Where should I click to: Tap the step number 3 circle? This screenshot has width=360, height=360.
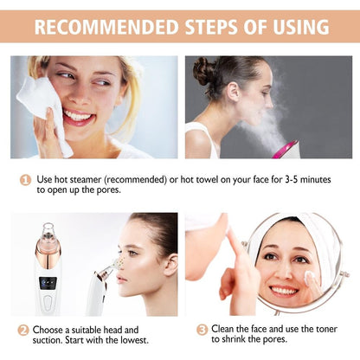[x=202, y=330]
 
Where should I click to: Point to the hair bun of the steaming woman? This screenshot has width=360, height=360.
[x=204, y=71]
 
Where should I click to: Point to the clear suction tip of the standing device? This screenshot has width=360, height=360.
[x=48, y=231]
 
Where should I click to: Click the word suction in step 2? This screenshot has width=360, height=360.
[x=51, y=341]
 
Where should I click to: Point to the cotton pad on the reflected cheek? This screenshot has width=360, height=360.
[x=310, y=278]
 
